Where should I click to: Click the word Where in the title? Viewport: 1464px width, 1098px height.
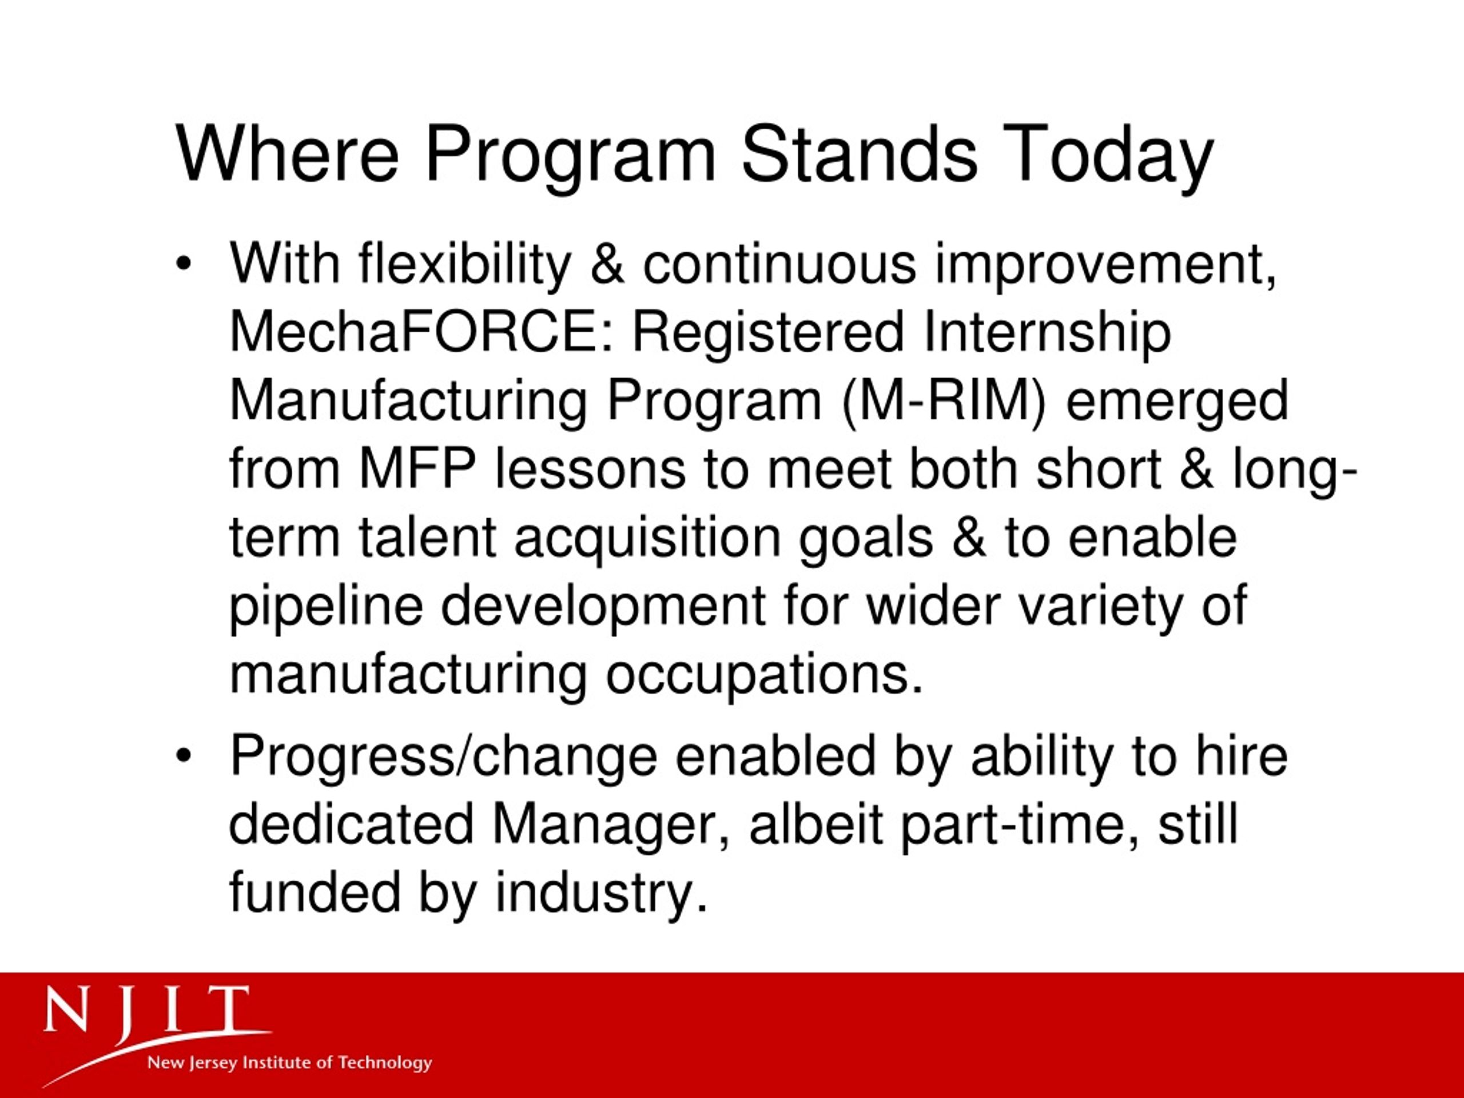288,153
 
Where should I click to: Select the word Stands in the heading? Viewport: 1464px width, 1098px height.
859,153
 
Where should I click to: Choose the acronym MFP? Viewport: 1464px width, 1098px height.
418,468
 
